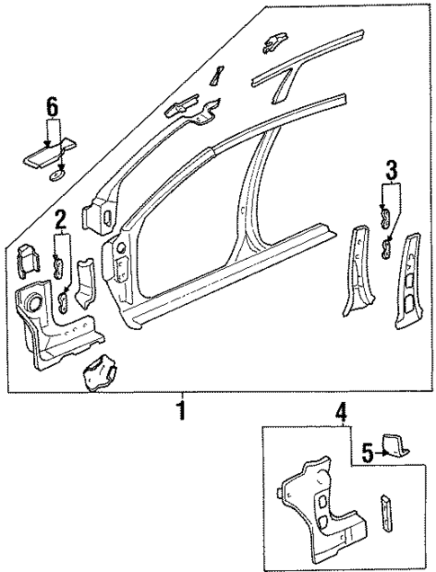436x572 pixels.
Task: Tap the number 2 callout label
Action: point(61,219)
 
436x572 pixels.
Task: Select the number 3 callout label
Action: point(391,168)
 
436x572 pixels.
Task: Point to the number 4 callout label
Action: point(342,413)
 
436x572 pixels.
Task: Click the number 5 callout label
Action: point(366,451)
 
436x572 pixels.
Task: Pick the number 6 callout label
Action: point(52,107)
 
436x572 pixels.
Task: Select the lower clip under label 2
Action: point(66,299)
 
